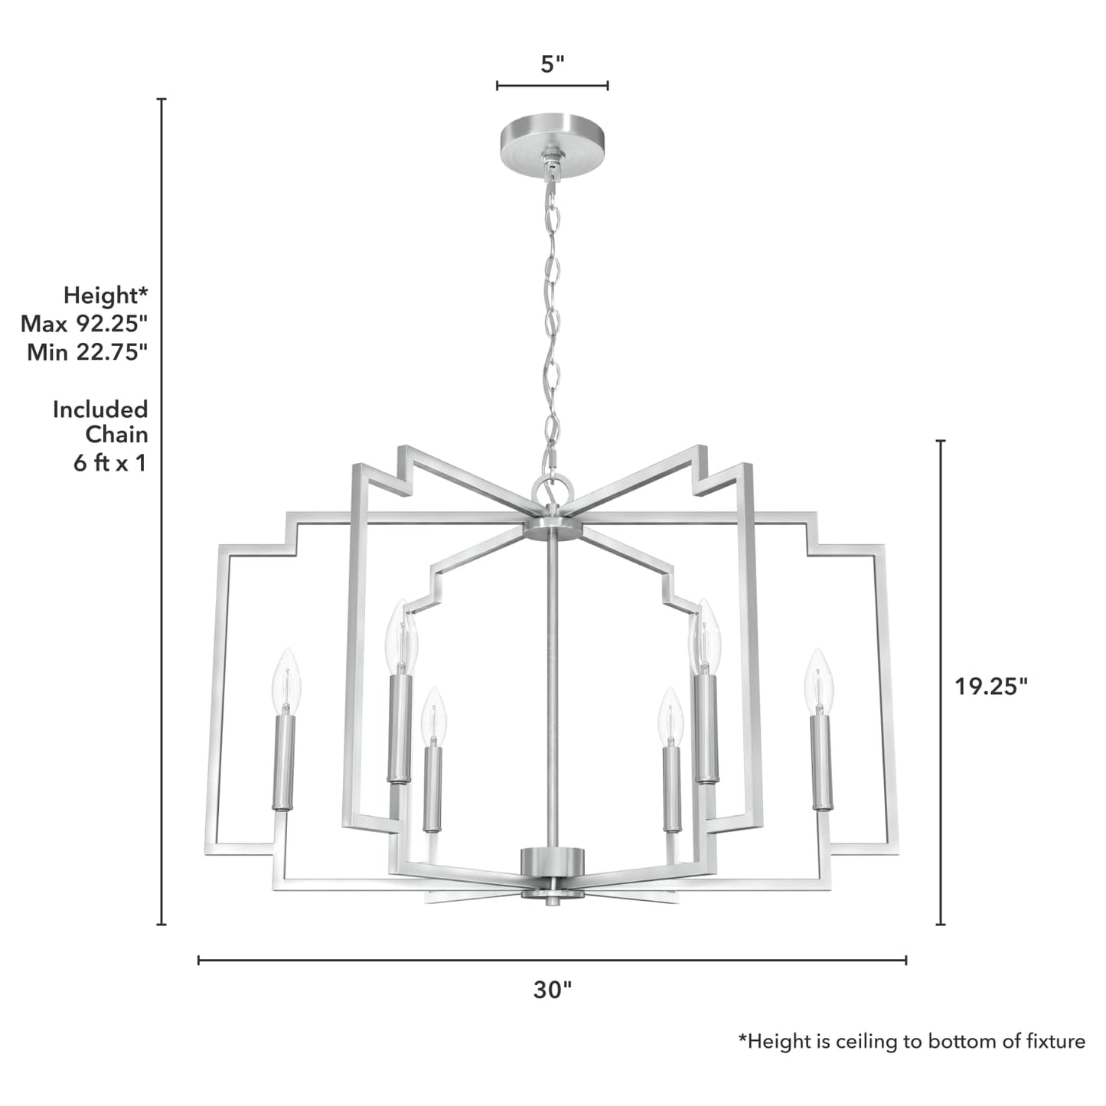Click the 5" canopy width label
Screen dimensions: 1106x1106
(x=552, y=64)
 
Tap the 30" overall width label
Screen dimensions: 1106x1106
(x=552, y=990)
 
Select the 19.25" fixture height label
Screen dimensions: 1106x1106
(x=990, y=687)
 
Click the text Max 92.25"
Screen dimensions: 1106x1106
(x=84, y=324)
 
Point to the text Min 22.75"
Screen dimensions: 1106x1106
(x=87, y=352)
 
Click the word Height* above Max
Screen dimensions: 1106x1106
(x=106, y=295)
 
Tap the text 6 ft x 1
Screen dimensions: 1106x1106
(x=109, y=463)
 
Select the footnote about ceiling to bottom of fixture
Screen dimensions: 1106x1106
(x=911, y=1041)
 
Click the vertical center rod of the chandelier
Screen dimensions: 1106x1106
(x=552, y=689)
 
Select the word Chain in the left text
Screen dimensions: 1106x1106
(x=116, y=435)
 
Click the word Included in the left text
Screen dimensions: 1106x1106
(x=100, y=409)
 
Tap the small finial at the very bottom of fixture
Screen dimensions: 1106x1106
(x=552, y=901)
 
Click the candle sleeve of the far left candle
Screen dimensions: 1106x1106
(x=284, y=762)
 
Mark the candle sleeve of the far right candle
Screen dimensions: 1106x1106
(x=821, y=762)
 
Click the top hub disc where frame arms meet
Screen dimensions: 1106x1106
(x=552, y=530)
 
